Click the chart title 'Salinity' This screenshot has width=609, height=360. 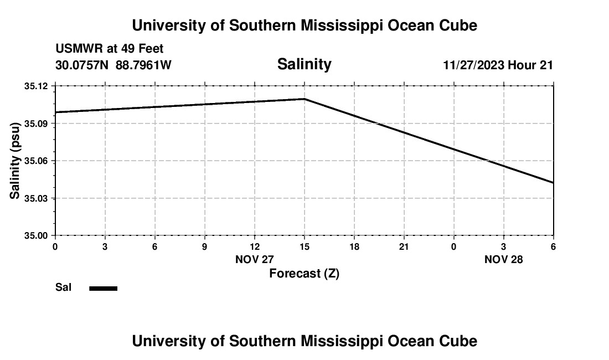[304, 64]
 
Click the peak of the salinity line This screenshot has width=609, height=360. [304, 99]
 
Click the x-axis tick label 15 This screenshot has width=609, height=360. [304, 246]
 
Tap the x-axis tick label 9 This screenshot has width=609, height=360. [205, 246]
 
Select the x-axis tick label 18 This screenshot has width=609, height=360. [354, 246]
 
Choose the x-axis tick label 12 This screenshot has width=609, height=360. [255, 246]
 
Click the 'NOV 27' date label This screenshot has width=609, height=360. [255, 259]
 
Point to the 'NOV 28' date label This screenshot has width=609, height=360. [504, 259]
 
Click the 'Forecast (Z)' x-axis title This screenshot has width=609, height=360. [304, 274]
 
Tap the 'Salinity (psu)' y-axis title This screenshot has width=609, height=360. [15, 161]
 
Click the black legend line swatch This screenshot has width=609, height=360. [104, 288]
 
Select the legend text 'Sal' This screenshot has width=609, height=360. [63, 287]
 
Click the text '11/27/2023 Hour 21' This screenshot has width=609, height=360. [498, 65]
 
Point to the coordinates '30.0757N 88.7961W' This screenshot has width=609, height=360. [113, 65]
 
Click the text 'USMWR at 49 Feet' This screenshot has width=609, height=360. [110, 49]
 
